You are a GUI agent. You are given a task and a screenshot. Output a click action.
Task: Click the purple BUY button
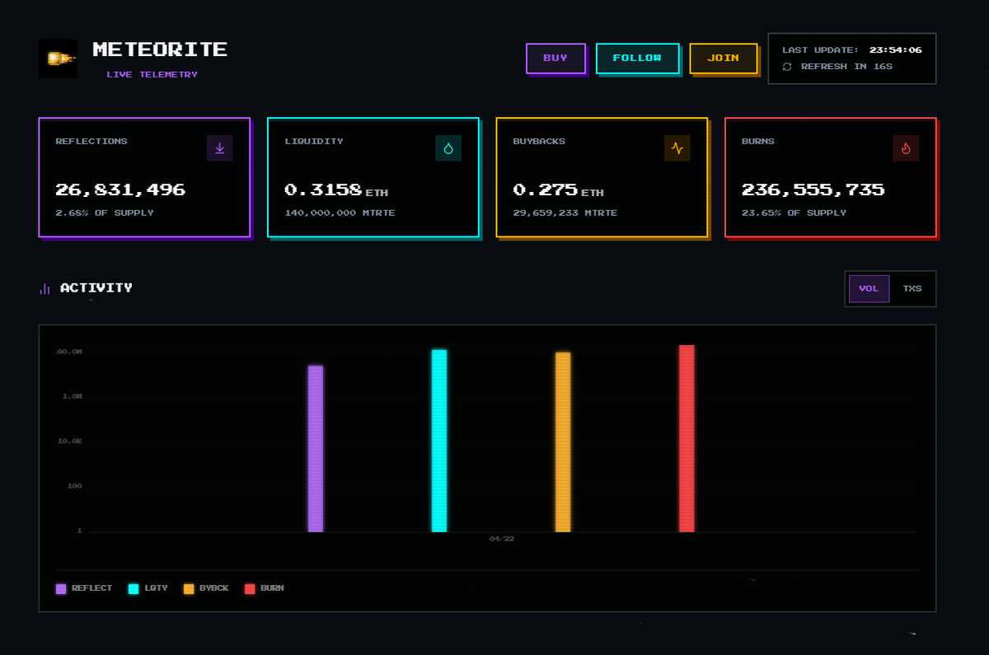555,58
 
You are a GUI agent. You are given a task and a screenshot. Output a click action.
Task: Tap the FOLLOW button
637,58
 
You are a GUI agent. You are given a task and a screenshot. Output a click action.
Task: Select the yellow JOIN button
723,58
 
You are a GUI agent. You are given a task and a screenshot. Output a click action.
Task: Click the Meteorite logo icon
58,58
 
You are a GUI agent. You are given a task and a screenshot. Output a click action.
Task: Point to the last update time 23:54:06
895,50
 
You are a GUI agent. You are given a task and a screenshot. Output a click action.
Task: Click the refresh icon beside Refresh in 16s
787,67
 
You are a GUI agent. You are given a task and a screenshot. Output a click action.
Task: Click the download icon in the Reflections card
219,148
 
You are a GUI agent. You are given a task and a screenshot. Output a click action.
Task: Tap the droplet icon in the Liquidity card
448,148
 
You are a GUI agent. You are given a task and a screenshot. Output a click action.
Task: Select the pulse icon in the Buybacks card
677,148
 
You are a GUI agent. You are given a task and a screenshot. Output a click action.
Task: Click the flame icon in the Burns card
905,148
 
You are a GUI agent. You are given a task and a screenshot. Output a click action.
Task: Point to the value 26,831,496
120,189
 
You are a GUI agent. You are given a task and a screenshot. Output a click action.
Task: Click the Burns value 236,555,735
813,189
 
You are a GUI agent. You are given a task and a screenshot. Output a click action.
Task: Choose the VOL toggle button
869,288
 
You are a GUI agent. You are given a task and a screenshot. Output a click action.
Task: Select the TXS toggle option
912,288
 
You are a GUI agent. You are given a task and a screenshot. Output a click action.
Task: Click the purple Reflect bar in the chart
316,449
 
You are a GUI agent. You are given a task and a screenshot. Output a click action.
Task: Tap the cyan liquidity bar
439,441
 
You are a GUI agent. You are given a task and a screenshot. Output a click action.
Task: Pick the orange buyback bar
563,442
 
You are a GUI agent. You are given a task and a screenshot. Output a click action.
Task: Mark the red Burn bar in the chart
687,438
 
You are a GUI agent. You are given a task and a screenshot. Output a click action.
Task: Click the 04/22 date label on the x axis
501,539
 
